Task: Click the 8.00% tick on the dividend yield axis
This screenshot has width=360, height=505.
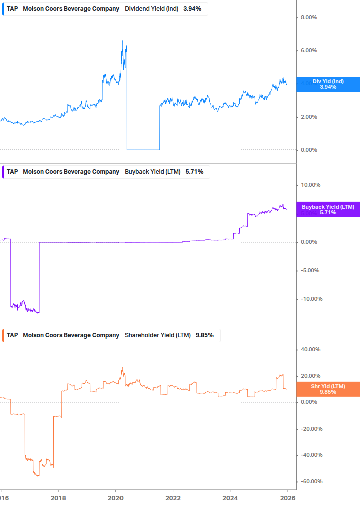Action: tap(309, 18)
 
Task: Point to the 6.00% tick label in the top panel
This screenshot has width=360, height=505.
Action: tap(309, 51)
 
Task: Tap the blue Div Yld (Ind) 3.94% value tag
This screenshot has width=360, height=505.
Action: tap(328, 84)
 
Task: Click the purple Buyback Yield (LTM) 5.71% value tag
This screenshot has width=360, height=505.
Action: tap(328, 210)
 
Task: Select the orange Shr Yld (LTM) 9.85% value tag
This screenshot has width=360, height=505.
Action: tap(328, 389)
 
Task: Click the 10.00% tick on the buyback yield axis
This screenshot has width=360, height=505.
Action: tap(310, 185)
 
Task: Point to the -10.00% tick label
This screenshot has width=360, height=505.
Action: tap(311, 299)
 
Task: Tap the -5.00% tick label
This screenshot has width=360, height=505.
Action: tap(310, 271)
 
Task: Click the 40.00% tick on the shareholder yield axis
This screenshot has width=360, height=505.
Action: tap(310, 350)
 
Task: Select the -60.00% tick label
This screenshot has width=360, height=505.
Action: tap(311, 482)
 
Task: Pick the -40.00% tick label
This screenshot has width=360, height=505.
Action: tap(311, 455)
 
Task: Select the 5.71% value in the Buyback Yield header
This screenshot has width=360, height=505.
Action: tap(194, 172)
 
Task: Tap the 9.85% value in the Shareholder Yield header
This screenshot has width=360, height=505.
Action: tap(205, 335)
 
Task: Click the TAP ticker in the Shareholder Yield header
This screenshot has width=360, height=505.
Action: tap(12, 335)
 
